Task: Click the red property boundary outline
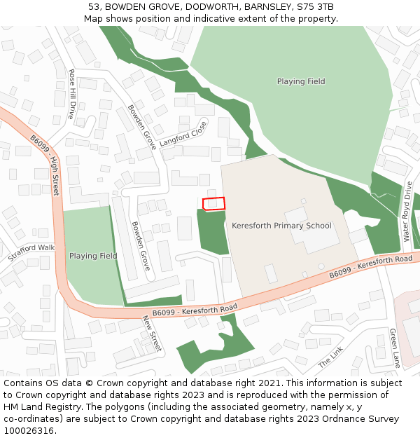[x=214, y=203]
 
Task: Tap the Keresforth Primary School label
[x=281, y=226]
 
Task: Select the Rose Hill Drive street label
[x=72, y=94]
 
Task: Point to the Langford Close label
[x=183, y=133]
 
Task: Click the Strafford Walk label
[x=31, y=252]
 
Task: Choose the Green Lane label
[x=394, y=348]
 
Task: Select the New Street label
[x=152, y=333]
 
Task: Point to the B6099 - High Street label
[x=45, y=165]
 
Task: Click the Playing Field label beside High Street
[x=93, y=256]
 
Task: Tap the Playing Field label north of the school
[x=301, y=81]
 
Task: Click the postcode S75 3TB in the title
[x=317, y=7]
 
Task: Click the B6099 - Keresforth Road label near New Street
[x=195, y=310]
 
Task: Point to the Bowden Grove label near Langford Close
[x=141, y=127]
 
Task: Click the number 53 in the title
[x=94, y=7]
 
